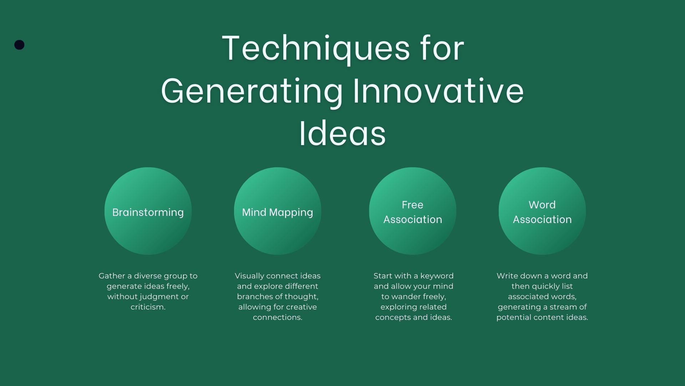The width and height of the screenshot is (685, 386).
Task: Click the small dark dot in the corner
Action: click(19, 45)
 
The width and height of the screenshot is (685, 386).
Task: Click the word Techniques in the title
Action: click(316, 48)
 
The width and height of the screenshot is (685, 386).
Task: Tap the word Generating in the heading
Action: click(252, 91)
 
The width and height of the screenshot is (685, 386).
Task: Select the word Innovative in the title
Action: click(438, 91)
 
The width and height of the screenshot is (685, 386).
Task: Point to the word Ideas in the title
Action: click(342, 134)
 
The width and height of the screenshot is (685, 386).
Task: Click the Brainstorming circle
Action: click(148, 211)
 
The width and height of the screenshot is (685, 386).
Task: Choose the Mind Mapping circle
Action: click(278, 211)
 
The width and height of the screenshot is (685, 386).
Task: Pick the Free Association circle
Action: click(413, 211)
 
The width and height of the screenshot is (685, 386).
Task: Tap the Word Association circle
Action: click(542, 211)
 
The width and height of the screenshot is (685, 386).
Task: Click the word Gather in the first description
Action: click(112, 276)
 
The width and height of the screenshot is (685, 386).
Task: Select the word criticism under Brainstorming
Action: click(148, 307)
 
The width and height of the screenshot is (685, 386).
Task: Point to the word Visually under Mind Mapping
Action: click(249, 276)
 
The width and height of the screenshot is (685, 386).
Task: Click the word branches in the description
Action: click(252, 297)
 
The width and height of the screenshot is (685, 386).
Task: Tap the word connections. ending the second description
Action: click(278, 317)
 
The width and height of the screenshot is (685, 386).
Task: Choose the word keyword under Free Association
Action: click(437, 276)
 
